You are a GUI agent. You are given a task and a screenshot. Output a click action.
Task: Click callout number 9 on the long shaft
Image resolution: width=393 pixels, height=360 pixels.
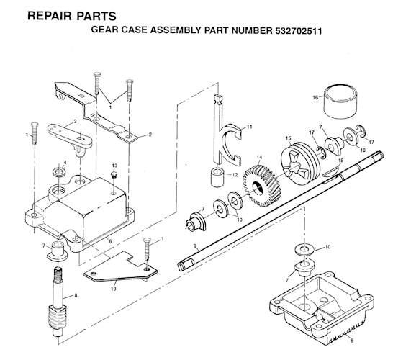[194, 247]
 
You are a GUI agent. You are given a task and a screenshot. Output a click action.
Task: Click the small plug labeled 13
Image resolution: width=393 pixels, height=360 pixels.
[114, 179]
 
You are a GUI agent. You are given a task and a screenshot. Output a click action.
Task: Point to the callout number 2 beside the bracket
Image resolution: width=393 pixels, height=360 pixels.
[150, 133]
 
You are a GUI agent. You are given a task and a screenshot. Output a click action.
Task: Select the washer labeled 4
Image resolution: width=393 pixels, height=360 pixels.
[57, 174]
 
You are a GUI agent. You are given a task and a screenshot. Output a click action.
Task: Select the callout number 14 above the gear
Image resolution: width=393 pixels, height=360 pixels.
[259, 158]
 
